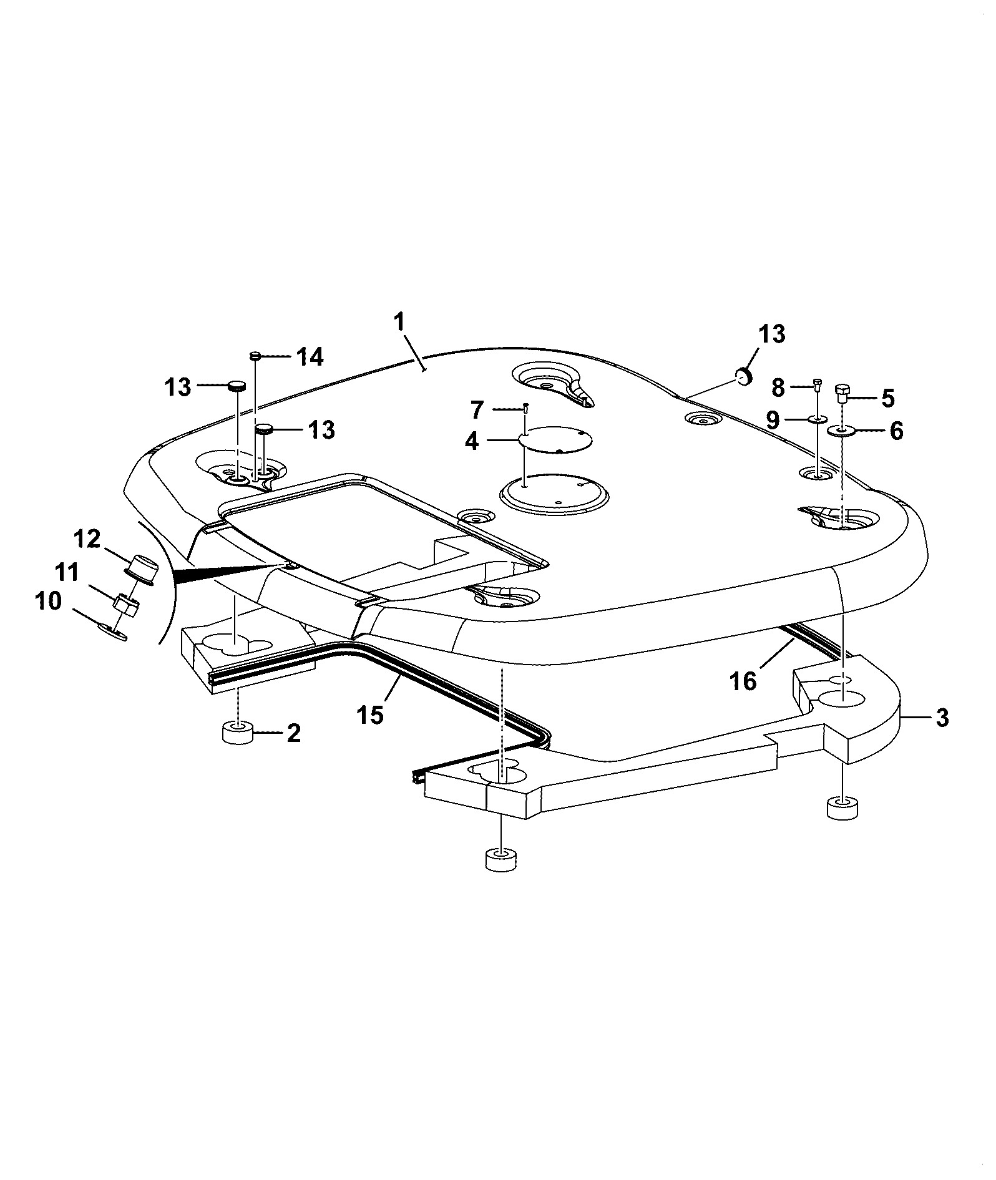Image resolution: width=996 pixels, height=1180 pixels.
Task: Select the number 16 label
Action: (743, 681)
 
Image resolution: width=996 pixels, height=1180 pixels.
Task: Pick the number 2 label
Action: (294, 733)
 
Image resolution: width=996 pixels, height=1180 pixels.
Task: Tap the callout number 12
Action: (88, 539)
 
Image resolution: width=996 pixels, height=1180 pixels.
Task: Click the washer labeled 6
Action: (842, 430)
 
